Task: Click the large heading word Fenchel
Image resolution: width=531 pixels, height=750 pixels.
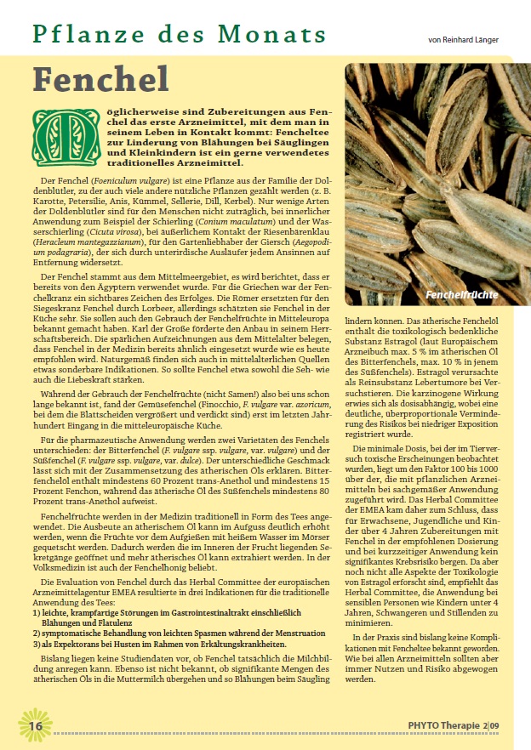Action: point(101,79)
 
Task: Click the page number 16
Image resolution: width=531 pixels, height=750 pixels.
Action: point(35,725)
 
